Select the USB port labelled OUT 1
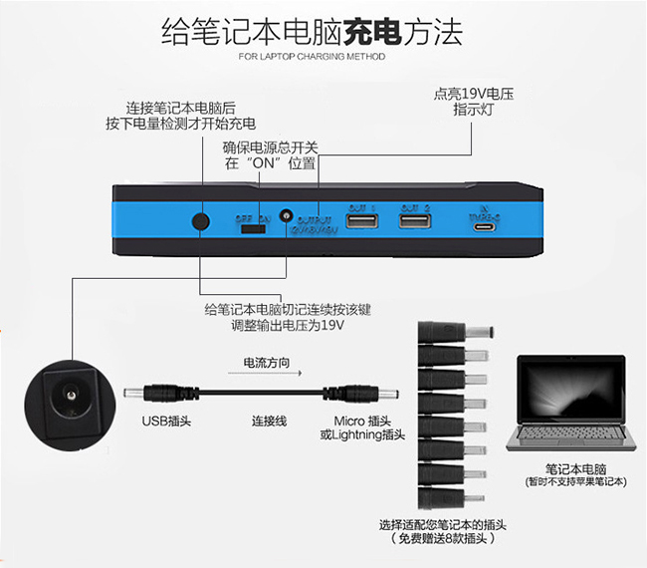[x=360, y=220]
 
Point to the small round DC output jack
[x=287, y=215]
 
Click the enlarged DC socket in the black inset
[x=69, y=398]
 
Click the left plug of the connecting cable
[x=150, y=393]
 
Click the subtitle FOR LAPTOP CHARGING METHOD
[x=312, y=57]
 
